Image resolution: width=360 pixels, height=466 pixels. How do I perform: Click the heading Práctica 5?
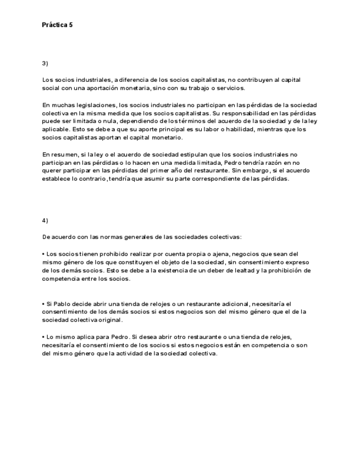(x=57, y=25)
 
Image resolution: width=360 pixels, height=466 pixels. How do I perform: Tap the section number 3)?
(x=45, y=63)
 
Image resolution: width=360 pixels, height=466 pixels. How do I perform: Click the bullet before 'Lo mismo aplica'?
(x=43, y=336)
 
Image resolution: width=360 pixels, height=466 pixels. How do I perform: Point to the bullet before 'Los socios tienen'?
(x=43, y=254)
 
